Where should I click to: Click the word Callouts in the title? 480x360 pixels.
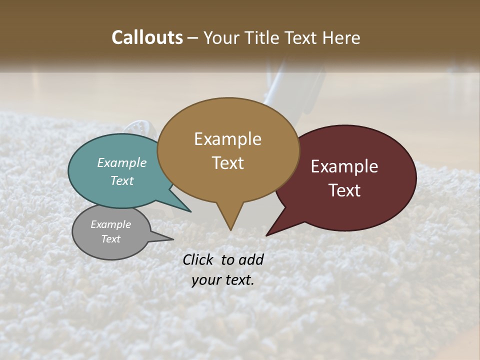click(x=147, y=37)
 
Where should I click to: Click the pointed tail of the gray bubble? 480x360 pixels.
click(x=172, y=239)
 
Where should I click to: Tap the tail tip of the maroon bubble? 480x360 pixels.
click(x=266, y=235)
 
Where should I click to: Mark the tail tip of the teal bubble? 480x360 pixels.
click(x=190, y=211)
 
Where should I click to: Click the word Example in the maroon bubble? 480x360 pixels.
click(x=344, y=166)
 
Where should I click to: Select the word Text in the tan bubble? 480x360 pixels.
click(x=228, y=163)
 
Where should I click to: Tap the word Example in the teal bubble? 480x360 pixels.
click(x=122, y=163)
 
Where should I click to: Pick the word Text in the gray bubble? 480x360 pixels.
click(x=111, y=239)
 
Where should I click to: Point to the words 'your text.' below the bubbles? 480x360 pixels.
click(x=223, y=280)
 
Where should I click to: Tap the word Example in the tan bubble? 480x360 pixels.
click(x=227, y=139)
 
